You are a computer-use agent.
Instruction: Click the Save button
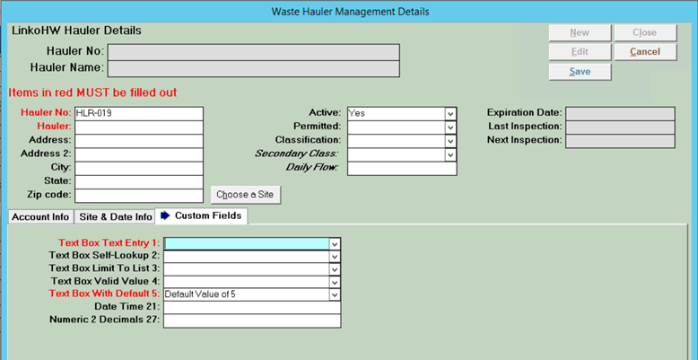click(580, 72)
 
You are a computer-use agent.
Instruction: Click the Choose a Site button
click(245, 195)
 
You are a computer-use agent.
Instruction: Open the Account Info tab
click(40, 217)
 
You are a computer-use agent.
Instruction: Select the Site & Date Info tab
click(116, 217)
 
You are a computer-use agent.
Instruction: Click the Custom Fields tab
click(202, 216)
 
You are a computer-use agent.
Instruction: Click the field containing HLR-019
click(139, 114)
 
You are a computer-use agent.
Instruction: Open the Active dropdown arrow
click(451, 114)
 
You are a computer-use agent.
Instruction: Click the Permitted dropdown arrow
click(451, 127)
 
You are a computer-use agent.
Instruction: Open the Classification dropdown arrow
click(451, 141)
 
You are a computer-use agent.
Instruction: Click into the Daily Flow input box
click(402, 169)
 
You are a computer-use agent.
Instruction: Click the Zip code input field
click(139, 196)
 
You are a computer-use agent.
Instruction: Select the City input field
click(139, 169)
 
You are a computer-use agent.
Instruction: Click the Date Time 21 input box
click(252, 308)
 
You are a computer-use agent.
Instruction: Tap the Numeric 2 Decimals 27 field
click(252, 320)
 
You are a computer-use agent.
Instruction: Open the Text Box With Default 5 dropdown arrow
click(335, 295)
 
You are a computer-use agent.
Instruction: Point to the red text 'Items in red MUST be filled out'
click(92, 92)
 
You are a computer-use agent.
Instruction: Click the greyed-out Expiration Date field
click(620, 114)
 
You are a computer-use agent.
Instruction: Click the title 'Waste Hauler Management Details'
click(350, 12)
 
